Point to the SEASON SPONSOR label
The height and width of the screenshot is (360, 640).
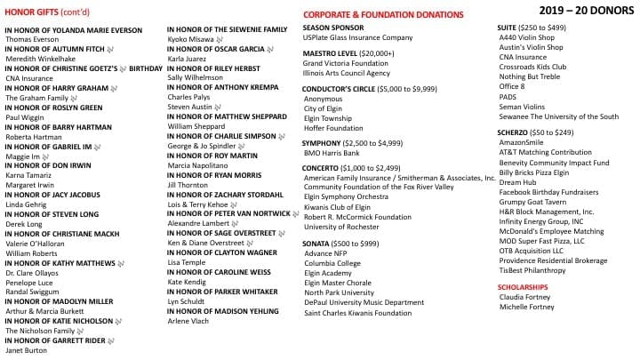pyautogui.click(x=334, y=28)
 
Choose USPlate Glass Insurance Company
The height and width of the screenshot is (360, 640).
pyautogui.click(x=357, y=38)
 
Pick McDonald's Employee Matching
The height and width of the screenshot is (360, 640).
pyautogui.click(x=550, y=230)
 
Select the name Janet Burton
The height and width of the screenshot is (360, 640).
pyautogui.click(x=27, y=350)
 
